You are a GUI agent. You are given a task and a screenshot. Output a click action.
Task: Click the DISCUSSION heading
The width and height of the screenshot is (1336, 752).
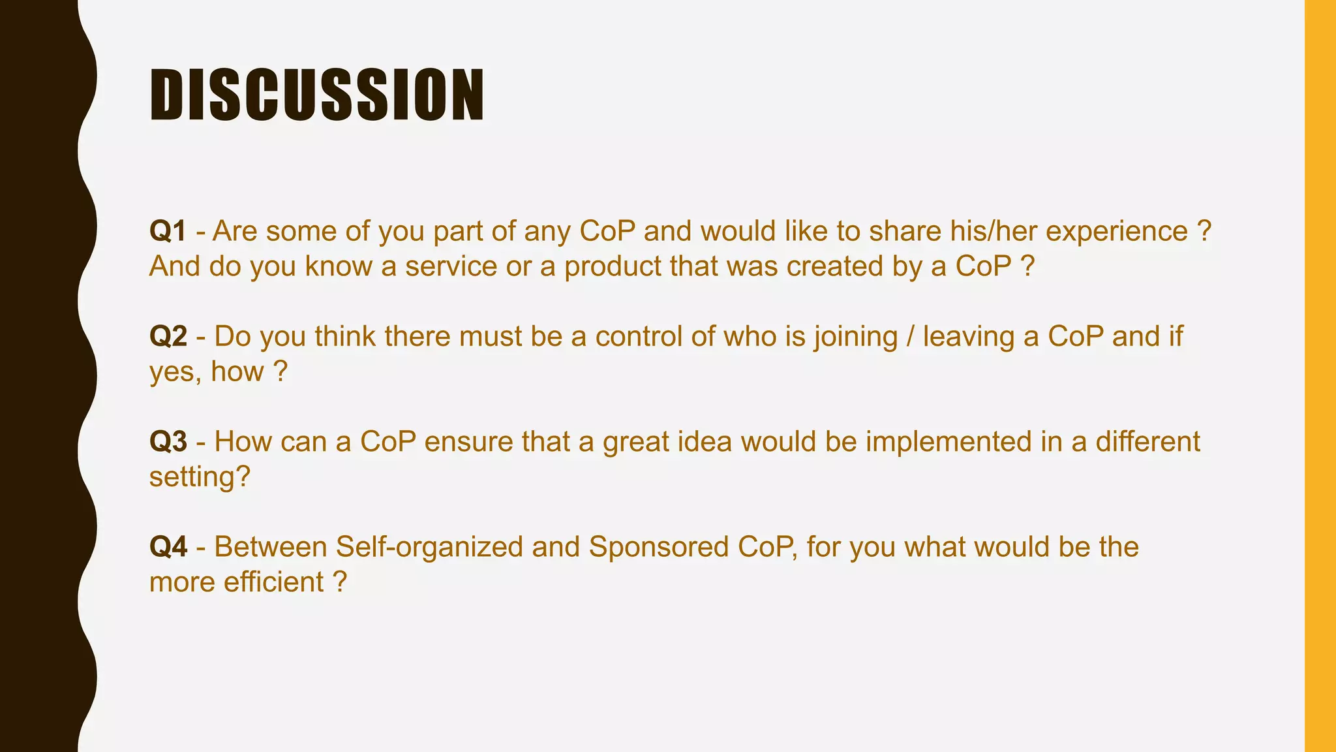(317, 95)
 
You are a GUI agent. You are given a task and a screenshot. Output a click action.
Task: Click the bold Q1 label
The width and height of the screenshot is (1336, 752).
(168, 231)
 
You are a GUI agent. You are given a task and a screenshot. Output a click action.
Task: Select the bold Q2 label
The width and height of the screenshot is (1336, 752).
(168, 336)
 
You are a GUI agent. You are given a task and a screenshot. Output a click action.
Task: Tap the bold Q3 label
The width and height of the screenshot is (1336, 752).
(168, 441)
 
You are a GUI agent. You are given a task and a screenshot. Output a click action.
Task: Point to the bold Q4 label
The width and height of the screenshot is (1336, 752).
(168, 547)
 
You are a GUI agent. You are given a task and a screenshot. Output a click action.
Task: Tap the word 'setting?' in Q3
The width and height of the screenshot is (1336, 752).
(200, 477)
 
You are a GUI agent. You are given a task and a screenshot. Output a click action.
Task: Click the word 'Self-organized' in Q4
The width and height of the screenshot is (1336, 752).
(429, 547)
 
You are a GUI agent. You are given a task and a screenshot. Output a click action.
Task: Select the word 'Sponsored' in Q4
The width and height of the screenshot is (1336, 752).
(658, 547)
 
